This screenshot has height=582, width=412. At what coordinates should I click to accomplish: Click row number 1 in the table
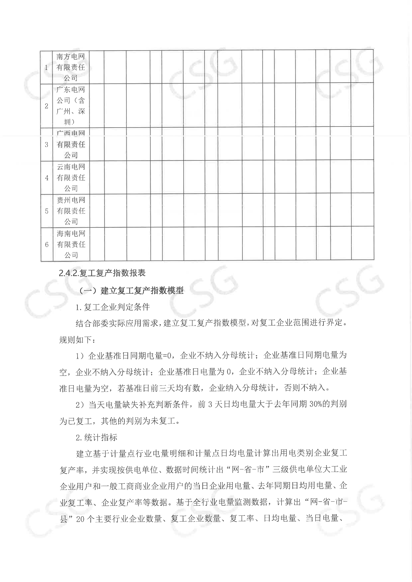[46, 67]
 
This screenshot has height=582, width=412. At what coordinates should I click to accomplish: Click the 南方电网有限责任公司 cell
[71, 67]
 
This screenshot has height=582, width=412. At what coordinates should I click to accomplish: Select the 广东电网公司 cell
[71, 106]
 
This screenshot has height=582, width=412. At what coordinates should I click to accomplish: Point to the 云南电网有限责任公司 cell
[71, 178]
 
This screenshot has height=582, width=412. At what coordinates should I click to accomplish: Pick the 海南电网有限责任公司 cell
[71, 244]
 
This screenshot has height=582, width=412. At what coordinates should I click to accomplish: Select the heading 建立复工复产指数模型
[142, 290]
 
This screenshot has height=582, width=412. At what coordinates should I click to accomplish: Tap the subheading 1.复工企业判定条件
[113, 307]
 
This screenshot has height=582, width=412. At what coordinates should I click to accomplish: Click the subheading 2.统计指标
[96, 437]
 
